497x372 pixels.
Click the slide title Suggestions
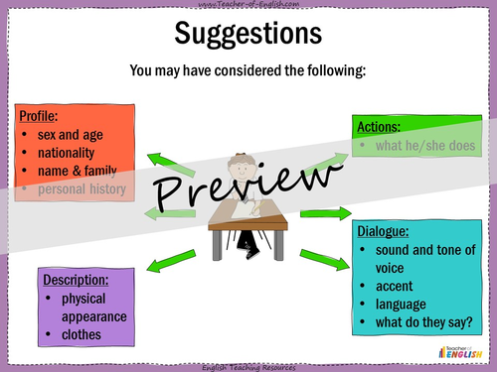click(x=248, y=34)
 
